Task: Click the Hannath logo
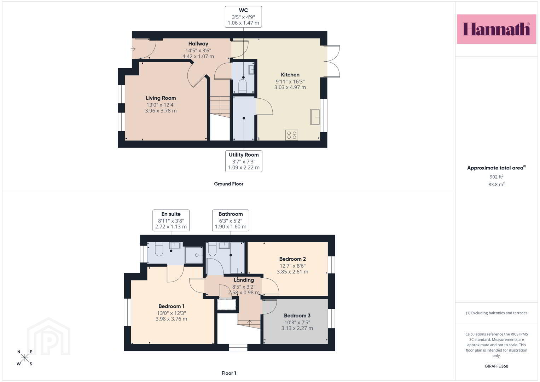coord(497,29)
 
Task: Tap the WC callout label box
coord(243,17)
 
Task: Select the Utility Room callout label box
coord(244,161)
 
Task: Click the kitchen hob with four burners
coord(292,135)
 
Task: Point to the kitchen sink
coord(315,117)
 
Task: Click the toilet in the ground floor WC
coord(243,86)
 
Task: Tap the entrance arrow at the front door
coord(133,49)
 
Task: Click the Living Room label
coord(161,98)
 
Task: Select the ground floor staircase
coord(220,106)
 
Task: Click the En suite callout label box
coord(171,220)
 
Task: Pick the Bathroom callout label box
coord(231,220)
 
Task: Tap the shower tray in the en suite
coord(193,255)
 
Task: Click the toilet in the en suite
coord(159,249)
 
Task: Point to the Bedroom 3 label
coord(297,316)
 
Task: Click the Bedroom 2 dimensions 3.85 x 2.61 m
coord(292,272)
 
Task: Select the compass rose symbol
coord(25,358)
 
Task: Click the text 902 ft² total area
coord(497,176)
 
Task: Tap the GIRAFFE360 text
coord(497,366)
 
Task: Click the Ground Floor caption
coord(229,184)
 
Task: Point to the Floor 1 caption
coord(229,373)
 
